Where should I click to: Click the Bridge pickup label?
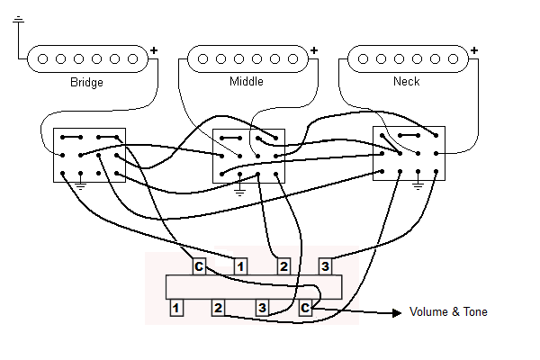[x=86, y=83]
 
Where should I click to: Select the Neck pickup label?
[x=406, y=83]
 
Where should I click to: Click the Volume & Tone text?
[x=448, y=312]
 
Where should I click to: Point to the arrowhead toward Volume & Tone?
[x=396, y=313]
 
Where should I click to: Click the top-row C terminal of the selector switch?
[x=199, y=266]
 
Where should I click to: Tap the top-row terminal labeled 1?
[x=240, y=266]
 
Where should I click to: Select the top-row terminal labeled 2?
[x=283, y=266]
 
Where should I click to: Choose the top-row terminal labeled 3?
[x=325, y=266]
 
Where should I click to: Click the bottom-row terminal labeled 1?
[x=176, y=309]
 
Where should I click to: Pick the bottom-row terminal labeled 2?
[x=219, y=309]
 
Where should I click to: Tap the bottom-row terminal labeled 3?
[x=262, y=309]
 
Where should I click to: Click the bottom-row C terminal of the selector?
[x=305, y=309]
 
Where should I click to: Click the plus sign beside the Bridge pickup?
[x=153, y=49]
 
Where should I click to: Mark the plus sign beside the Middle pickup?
[x=313, y=49]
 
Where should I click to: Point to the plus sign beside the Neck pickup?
[x=473, y=49]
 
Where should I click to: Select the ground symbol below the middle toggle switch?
[x=239, y=190]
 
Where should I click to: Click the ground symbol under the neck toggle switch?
[x=418, y=185]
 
